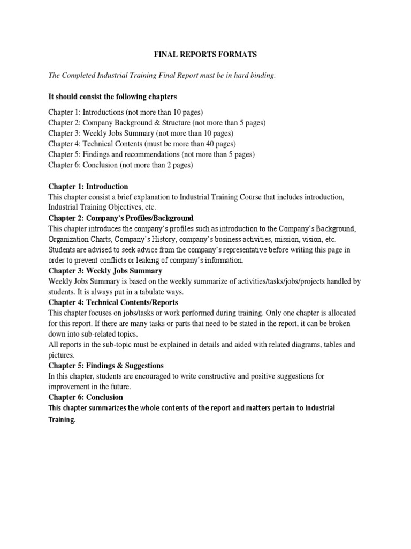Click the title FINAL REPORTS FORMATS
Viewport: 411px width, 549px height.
(x=205, y=55)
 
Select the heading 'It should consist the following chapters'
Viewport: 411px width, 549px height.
(x=112, y=97)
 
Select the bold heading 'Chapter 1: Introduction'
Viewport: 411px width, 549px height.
(x=88, y=187)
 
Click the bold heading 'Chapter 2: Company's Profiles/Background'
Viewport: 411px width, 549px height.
(x=121, y=218)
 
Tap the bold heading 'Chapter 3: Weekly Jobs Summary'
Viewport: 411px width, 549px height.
(x=105, y=271)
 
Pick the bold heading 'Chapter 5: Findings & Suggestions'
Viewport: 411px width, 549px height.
(x=106, y=366)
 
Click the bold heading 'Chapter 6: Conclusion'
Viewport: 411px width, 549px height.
(x=86, y=397)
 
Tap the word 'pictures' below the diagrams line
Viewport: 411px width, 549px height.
(x=61, y=355)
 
